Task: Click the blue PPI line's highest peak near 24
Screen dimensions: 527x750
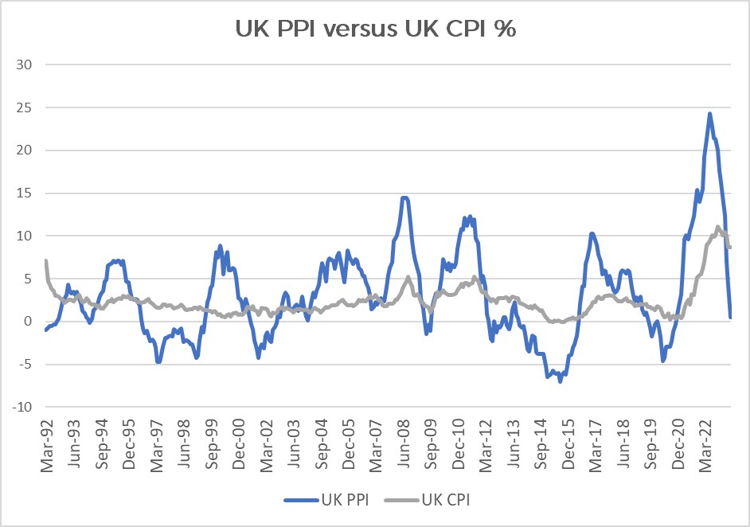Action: [709, 113]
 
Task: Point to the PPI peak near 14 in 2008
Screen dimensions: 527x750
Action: [404, 197]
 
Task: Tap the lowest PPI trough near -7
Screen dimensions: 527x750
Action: [561, 381]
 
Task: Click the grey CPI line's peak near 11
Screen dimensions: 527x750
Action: [718, 228]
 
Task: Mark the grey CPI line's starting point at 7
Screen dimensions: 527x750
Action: [46, 260]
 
